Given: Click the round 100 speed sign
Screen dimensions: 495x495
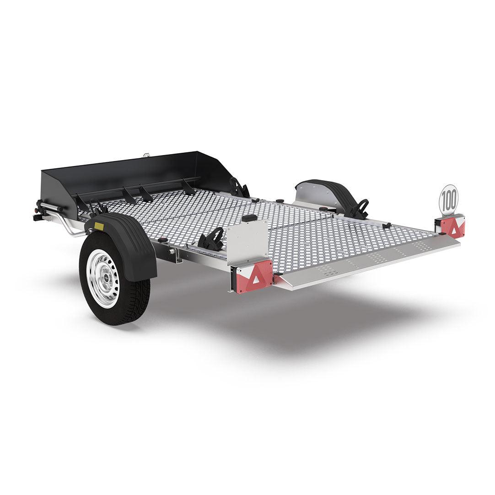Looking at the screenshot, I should point(448,199).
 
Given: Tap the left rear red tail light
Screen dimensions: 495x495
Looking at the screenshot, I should point(255,277).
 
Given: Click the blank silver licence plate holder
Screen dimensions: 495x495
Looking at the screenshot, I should point(247,242).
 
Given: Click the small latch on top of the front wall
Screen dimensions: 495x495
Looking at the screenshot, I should point(146,155).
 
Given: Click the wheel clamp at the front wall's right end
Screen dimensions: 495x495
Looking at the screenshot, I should point(239,188).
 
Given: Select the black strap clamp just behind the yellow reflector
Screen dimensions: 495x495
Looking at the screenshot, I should point(97,209).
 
